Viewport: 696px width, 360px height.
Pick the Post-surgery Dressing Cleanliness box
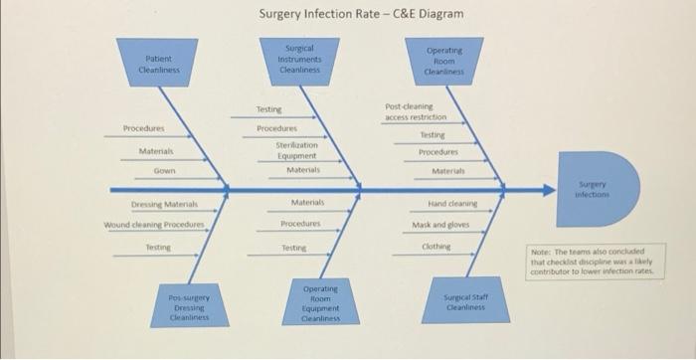188,307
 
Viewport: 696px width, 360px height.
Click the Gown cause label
164,171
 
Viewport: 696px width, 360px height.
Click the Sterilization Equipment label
296,150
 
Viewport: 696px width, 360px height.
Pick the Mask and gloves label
438,224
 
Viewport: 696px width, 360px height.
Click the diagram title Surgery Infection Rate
361,15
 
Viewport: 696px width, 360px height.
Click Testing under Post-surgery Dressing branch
158,246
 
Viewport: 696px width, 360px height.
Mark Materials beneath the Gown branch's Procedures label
157,150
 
